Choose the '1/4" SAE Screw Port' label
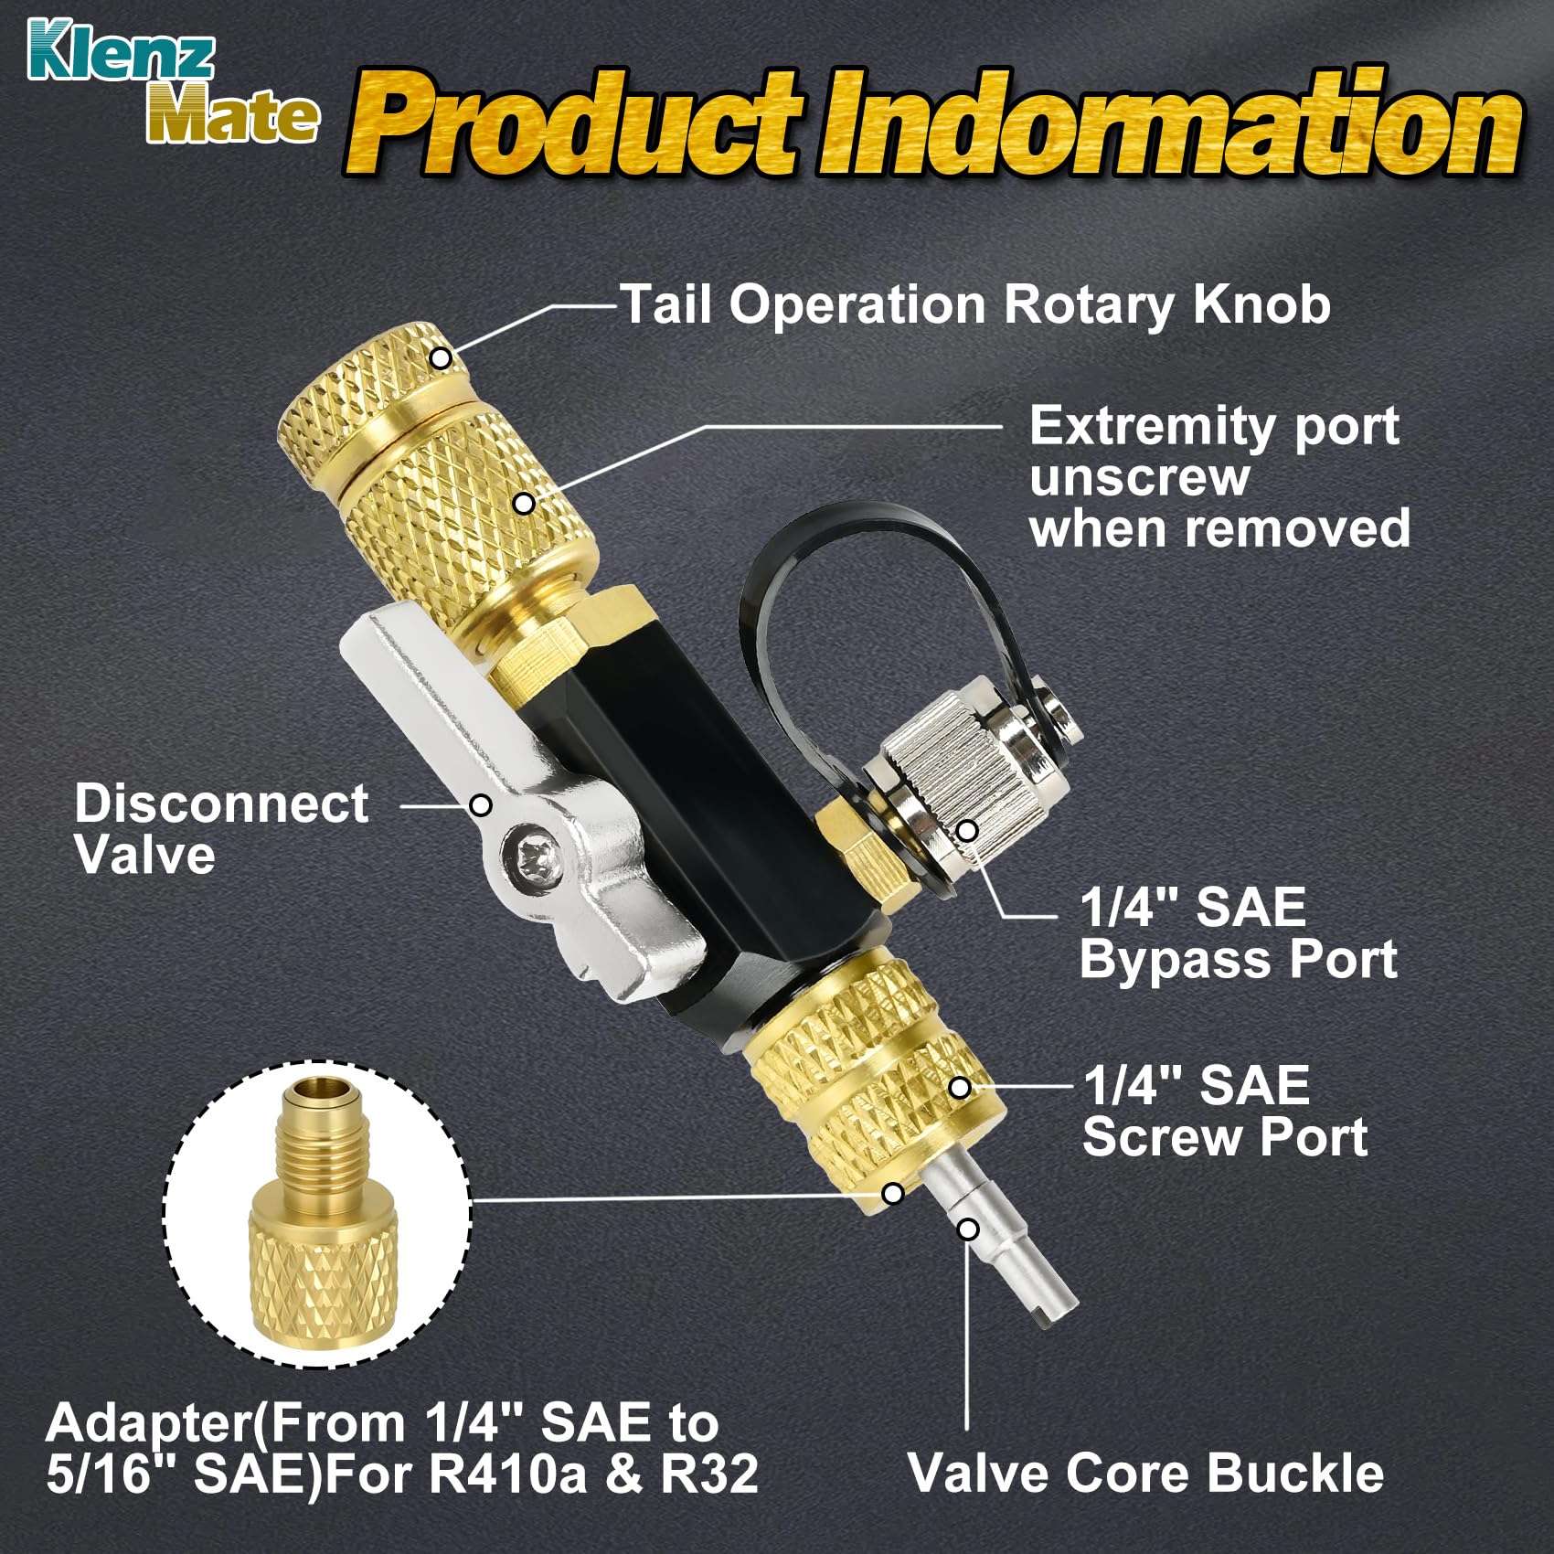1225,1111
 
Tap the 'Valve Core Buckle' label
1146,1473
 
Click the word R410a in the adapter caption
507,1474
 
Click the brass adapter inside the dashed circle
315,1216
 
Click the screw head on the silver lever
532,857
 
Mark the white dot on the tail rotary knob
441,357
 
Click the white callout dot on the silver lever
481,805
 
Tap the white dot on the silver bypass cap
967,830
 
